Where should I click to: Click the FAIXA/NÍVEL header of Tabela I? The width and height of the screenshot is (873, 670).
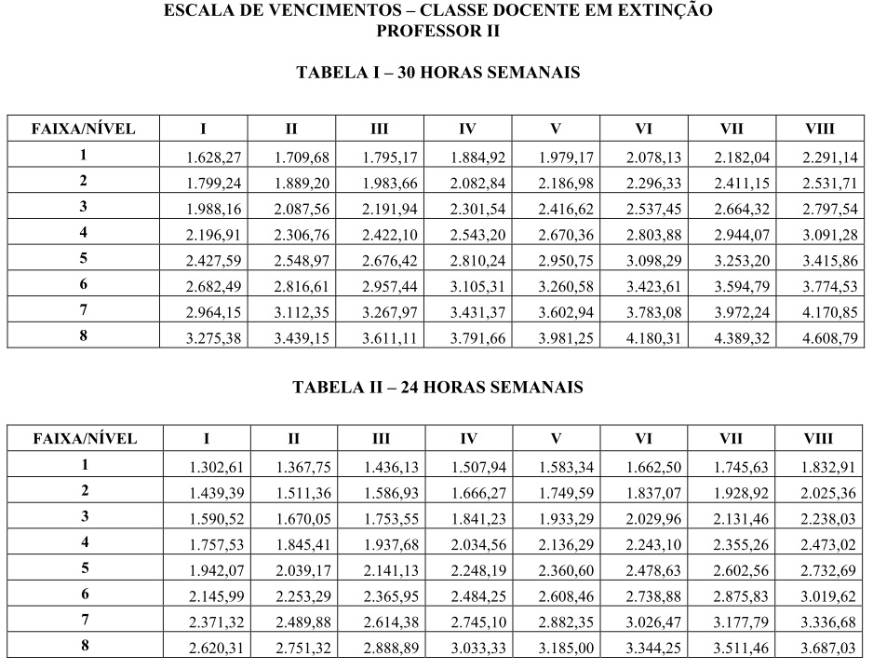84,129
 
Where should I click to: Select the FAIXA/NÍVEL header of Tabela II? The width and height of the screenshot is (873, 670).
84,438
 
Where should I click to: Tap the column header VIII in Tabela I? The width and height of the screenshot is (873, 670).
819,129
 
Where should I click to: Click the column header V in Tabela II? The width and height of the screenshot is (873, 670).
555,438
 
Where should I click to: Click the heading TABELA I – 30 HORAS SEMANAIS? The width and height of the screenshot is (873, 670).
437,73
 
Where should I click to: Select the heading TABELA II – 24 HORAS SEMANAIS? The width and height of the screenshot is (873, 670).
437,388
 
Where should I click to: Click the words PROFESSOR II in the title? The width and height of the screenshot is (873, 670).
437,31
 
